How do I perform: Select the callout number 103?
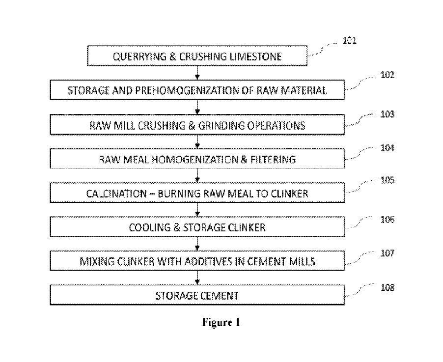(387, 114)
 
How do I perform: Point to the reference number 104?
(387, 148)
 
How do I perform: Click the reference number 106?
(387, 220)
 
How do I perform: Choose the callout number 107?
(387, 253)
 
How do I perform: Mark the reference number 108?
(387, 287)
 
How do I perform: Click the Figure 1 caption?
(221, 323)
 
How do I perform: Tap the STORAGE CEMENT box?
(197, 296)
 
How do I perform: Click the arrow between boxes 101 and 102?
(197, 72)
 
